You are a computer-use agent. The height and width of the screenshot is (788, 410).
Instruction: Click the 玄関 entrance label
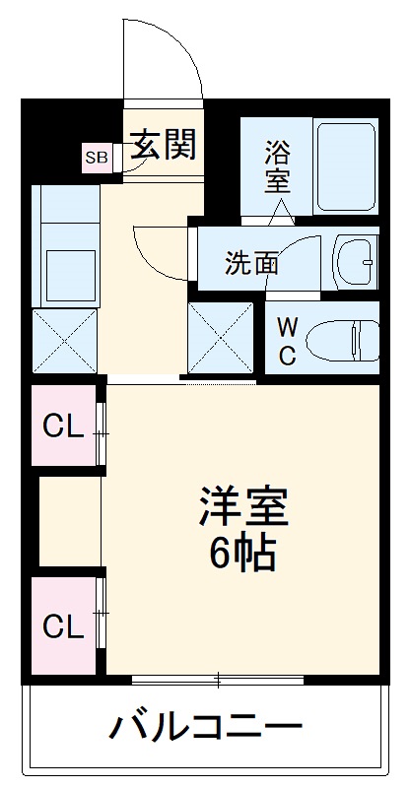coord(166,146)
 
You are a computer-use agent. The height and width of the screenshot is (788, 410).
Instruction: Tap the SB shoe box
coord(97,157)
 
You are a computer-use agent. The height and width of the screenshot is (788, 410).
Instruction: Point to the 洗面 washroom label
coord(251,263)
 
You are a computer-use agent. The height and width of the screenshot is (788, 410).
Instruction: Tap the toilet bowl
coord(340,342)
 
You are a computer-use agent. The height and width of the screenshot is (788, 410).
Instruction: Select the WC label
coord(286,341)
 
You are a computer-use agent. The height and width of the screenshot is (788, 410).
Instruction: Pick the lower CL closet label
coord(61,625)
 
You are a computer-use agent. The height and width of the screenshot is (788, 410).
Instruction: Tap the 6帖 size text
coord(241,556)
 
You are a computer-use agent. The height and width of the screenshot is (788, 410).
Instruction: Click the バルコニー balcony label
coord(205,730)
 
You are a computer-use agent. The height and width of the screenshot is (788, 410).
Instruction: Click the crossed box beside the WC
coord(222,337)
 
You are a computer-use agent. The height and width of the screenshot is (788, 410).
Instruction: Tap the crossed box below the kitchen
coord(65,341)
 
